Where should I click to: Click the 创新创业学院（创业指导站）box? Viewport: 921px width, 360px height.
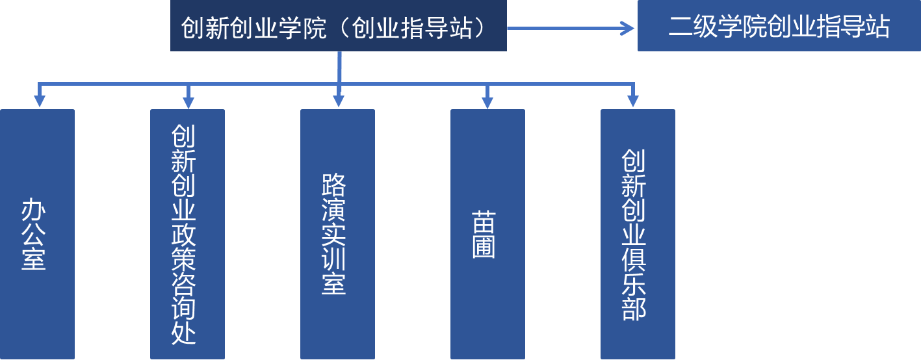click(x=338, y=26)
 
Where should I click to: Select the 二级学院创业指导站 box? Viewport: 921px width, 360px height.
click(x=779, y=26)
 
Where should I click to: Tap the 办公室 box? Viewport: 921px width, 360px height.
click(x=38, y=234)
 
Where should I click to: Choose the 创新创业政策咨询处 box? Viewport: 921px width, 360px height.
click(x=187, y=234)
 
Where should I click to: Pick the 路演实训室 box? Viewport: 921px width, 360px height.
click(x=337, y=234)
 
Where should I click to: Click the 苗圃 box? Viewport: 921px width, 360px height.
click(x=487, y=234)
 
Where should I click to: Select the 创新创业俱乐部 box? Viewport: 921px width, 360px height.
click(x=638, y=234)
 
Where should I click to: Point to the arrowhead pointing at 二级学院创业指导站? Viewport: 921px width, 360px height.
click(x=627, y=28)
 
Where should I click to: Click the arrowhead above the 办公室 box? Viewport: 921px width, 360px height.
click(x=39, y=101)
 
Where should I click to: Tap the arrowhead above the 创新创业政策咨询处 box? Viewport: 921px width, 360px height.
click(x=188, y=101)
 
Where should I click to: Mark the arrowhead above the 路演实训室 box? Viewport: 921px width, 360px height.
click(x=338, y=101)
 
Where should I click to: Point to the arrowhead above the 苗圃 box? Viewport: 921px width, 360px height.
click(x=487, y=101)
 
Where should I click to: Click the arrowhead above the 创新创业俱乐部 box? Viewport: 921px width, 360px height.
click(x=632, y=101)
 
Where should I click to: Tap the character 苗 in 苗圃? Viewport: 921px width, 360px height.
click(x=484, y=222)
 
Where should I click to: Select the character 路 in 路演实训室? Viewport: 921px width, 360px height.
click(x=333, y=186)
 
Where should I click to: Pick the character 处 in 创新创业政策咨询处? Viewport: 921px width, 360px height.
click(x=184, y=332)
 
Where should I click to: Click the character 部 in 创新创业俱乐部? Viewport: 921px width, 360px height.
click(x=634, y=308)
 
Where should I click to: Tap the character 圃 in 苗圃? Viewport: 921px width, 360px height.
click(x=484, y=247)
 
